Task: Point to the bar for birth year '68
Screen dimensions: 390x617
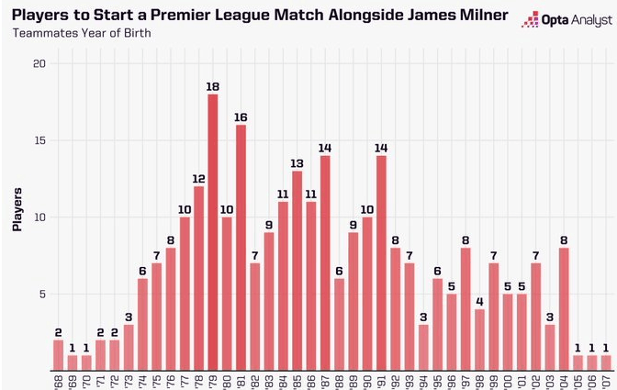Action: click(x=59, y=354)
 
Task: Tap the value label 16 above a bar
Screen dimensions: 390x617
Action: click(x=241, y=117)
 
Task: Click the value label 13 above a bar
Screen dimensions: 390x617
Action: click(x=297, y=163)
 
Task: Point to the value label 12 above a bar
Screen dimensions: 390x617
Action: click(x=198, y=179)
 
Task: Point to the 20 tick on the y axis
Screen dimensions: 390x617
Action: click(x=39, y=63)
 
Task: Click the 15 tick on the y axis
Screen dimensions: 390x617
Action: click(x=39, y=140)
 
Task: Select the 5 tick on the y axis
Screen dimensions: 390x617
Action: click(x=41, y=295)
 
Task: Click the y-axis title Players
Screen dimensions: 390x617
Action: click(x=17, y=210)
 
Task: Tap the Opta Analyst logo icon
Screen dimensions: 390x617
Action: click(x=530, y=20)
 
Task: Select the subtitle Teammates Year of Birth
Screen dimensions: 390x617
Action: click(x=80, y=34)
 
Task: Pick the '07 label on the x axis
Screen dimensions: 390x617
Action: click(x=605, y=380)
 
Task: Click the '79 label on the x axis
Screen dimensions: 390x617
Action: click(x=212, y=380)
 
